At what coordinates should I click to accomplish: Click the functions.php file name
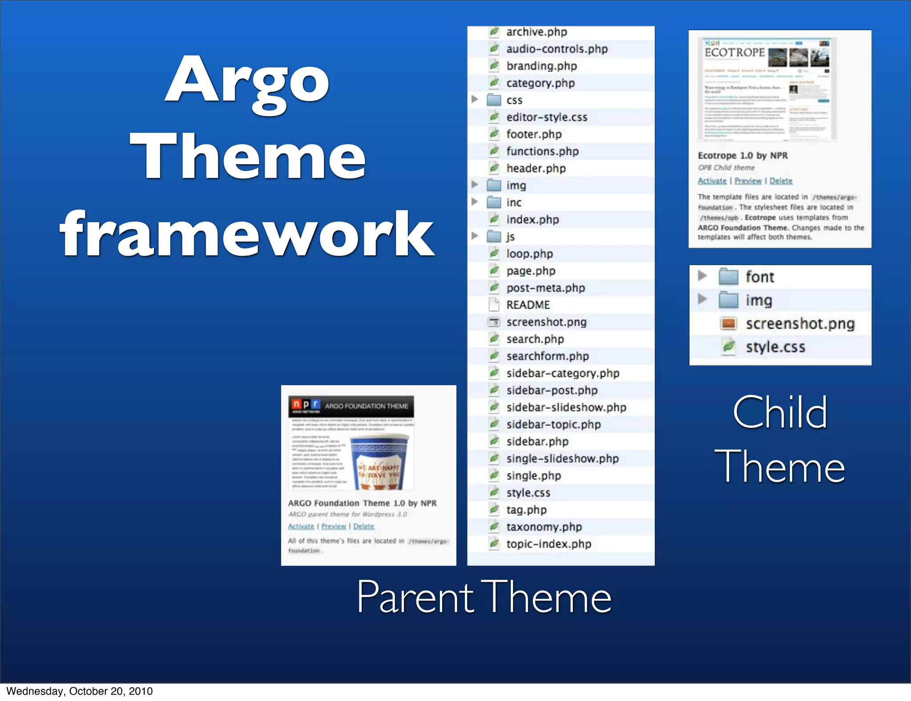[542, 151]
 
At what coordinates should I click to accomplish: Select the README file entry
[528, 305]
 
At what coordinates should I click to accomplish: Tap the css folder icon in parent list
[494, 100]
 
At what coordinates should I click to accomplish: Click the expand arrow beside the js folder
[475, 236]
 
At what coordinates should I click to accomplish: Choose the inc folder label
[514, 202]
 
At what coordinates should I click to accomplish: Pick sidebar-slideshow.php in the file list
[566, 407]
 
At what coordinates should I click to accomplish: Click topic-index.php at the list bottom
[548, 544]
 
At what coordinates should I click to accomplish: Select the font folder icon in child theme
[728, 276]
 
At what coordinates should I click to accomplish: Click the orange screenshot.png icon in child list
[728, 323]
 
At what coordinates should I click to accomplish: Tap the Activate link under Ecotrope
[712, 181]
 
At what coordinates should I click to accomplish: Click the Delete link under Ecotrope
[781, 181]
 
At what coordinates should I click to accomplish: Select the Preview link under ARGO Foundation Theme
[334, 526]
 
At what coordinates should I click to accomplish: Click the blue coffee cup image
[379, 463]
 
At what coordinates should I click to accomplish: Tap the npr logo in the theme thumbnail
[306, 405]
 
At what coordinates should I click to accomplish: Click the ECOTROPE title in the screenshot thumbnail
[734, 52]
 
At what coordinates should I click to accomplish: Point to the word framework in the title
[247, 234]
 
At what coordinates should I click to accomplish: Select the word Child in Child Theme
[779, 412]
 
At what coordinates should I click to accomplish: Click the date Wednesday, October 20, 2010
[79, 691]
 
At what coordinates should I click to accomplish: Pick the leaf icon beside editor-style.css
[494, 117]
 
